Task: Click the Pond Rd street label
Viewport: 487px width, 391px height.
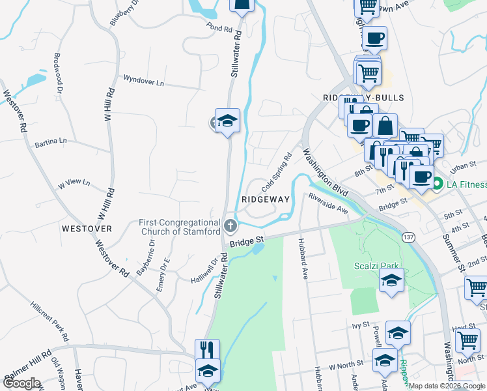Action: coord(219,29)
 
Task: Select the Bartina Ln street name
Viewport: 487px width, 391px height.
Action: coord(51,141)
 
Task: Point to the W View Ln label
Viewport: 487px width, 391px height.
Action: coord(74,184)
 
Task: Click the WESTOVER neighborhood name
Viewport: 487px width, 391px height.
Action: coord(87,229)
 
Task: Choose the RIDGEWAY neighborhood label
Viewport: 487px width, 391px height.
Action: coord(265,199)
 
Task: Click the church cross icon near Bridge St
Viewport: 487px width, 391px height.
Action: coord(229,226)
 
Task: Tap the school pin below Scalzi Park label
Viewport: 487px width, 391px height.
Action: coord(391,281)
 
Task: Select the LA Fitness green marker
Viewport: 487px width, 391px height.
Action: coord(439,184)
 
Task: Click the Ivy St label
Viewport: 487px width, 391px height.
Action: coord(360,324)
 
